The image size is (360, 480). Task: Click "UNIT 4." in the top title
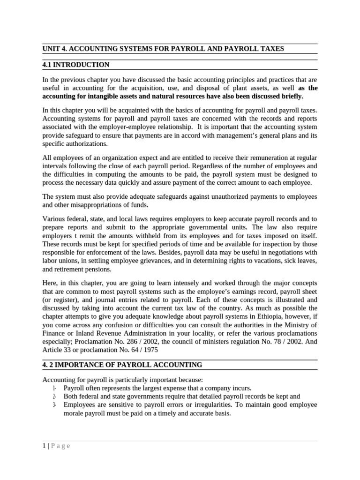55,48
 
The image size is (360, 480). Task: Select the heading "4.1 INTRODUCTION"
75,65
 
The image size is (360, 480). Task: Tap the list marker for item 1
54,388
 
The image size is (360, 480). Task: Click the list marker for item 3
54,405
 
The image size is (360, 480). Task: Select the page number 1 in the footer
43,446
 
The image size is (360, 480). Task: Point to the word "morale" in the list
74,413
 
